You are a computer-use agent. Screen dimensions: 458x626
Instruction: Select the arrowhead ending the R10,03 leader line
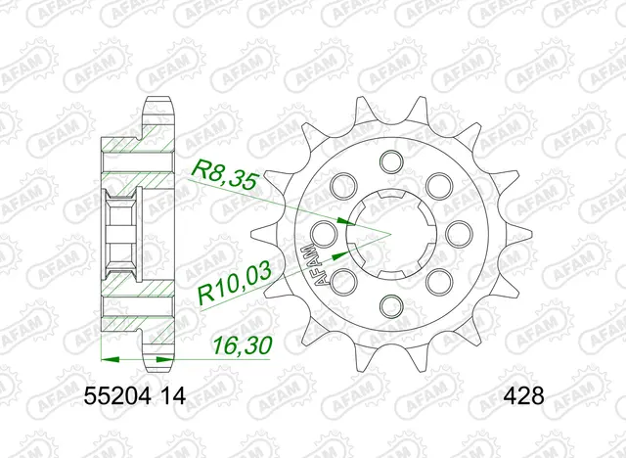coord(337,253)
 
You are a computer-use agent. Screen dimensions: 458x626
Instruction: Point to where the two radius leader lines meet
coord(389,233)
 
